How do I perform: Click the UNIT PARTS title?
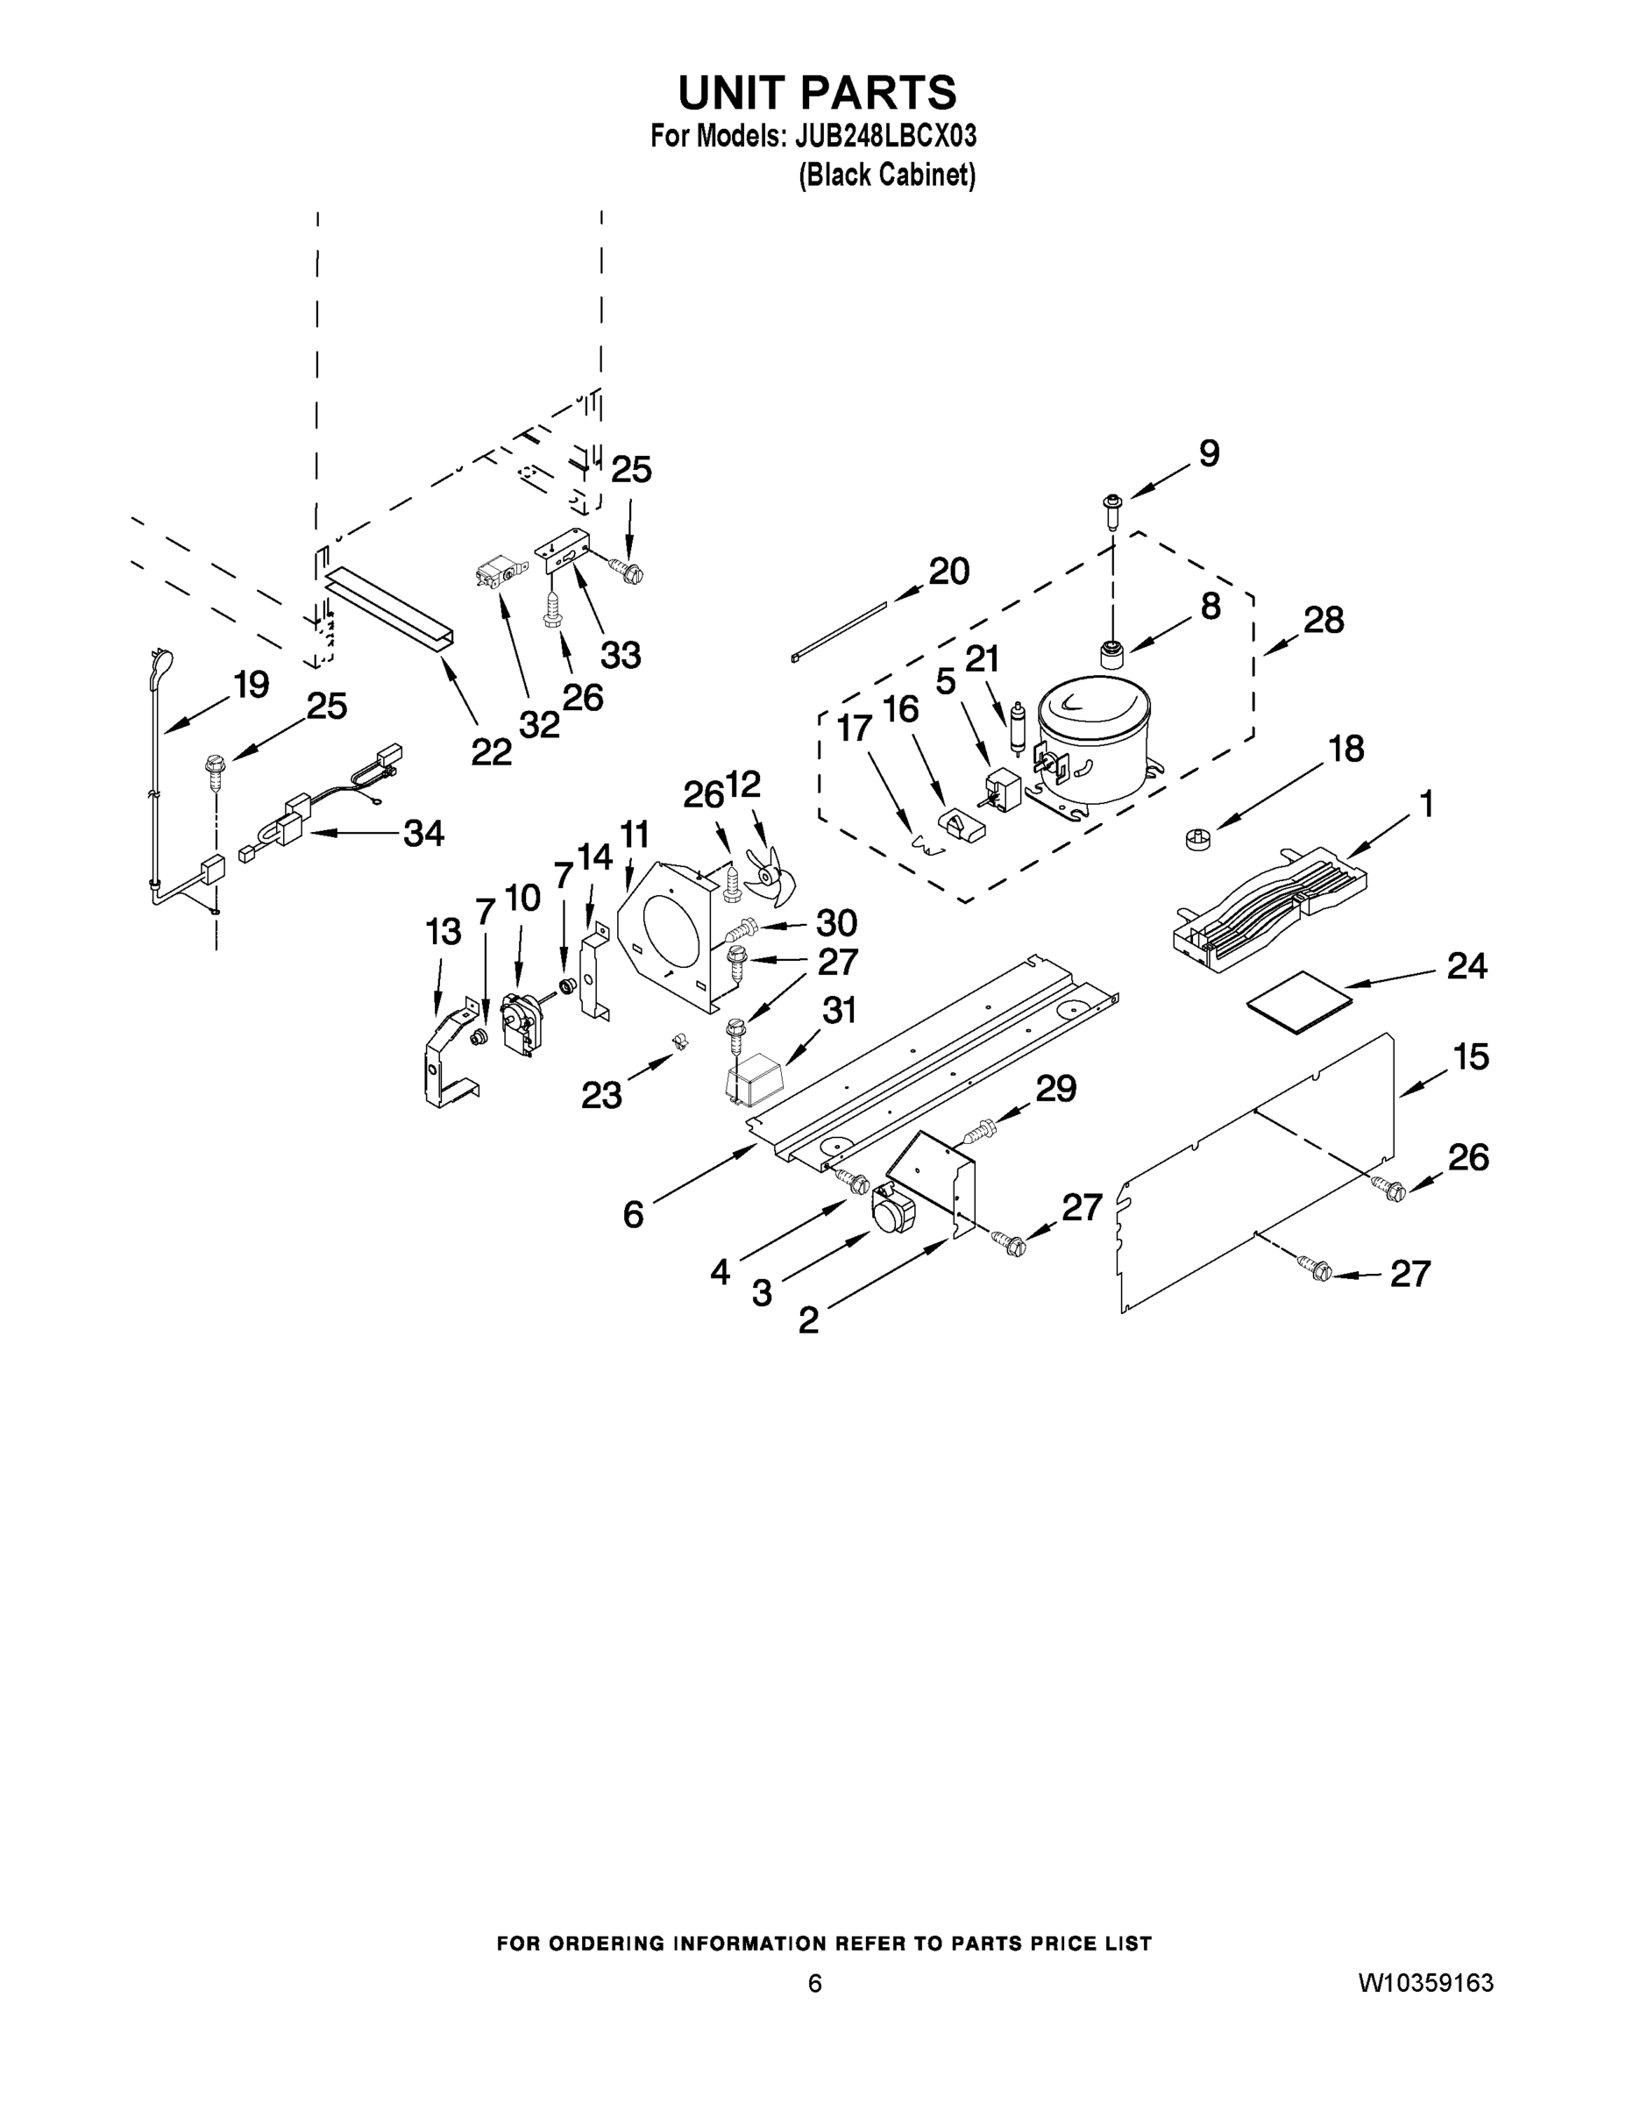click(817, 92)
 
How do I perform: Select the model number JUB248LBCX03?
click(885, 136)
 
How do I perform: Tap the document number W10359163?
click(1425, 1983)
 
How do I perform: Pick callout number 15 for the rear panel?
click(1471, 1056)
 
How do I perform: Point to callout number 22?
click(490, 751)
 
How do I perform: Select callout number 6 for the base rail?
click(633, 1215)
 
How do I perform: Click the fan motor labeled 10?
click(522, 1025)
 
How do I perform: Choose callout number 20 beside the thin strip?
click(948, 572)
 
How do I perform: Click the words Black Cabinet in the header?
click(887, 175)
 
